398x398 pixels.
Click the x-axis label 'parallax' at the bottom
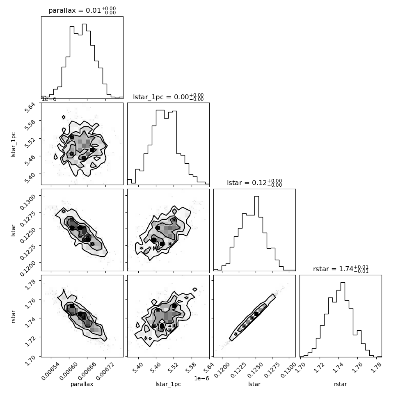click(x=82, y=384)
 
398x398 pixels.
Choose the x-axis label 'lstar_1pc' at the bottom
click(x=168, y=384)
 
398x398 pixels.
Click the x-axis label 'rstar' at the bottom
click(x=341, y=384)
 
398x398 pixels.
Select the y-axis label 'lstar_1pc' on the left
click(x=13, y=145)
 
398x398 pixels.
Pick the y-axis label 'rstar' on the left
click(x=13, y=316)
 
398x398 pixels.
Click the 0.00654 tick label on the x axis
click(x=50, y=371)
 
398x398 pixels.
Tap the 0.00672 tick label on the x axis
click(x=105, y=371)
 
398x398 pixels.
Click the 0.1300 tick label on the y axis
click(x=27, y=201)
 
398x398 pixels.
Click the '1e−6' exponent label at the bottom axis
click(x=201, y=378)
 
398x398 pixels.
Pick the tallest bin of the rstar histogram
click(x=343, y=320)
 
